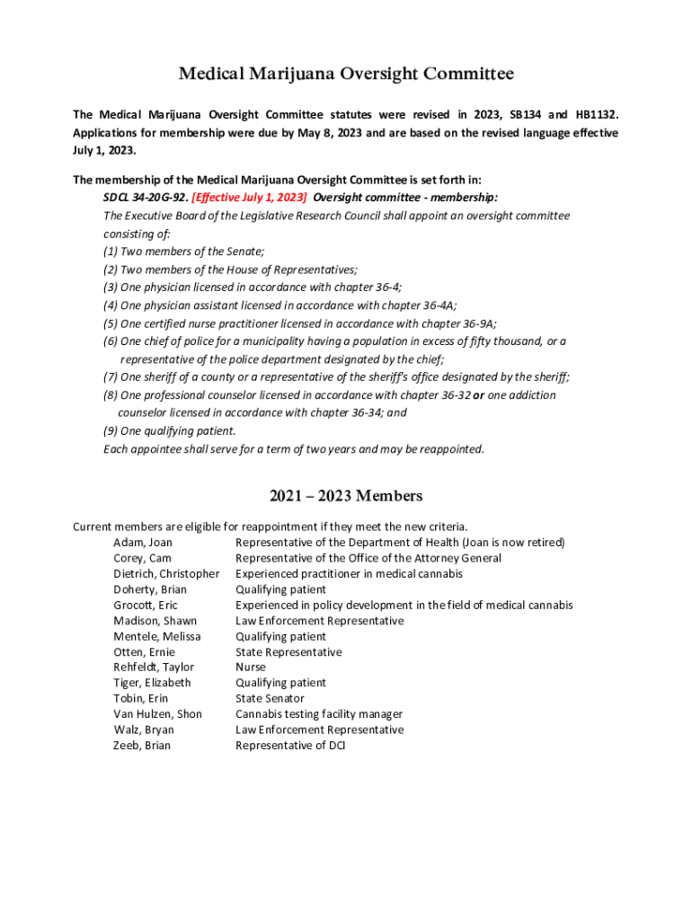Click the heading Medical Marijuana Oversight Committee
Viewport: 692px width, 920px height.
(x=346, y=74)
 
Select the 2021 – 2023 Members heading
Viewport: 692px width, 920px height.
(x=346, y=496)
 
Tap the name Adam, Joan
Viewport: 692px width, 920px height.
(x=143, y=543)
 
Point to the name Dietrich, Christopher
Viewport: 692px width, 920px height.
(x=166, y=574)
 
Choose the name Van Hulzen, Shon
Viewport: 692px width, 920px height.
(x=157, y=714)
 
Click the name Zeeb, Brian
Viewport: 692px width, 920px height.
(x=142, y=746)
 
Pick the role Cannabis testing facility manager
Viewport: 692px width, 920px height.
(x=319, y=714)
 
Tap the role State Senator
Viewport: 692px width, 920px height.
(x=270, y=698)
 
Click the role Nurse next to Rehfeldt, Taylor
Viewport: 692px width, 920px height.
(x=251, y=668)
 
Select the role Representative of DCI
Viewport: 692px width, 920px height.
(x=290, y=746)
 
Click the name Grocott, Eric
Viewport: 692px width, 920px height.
(x=146, y=606)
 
